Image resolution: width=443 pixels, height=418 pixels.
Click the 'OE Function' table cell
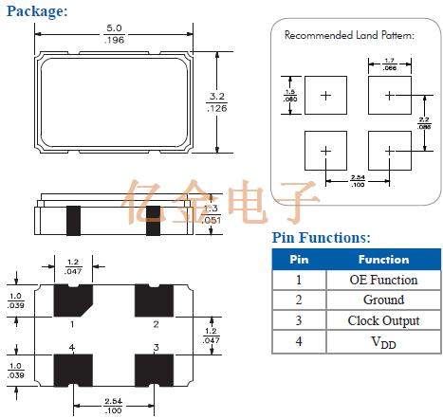coord(383,280)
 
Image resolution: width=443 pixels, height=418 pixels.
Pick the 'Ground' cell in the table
coord(383,300)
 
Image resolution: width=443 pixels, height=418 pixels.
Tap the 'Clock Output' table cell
coord(383,321)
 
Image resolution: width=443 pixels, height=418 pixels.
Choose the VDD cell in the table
coord(383,342)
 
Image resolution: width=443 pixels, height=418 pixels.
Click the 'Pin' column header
coord(299,259)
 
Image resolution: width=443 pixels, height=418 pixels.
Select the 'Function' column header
coord(383,259)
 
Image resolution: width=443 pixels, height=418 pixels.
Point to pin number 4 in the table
coord(299,342)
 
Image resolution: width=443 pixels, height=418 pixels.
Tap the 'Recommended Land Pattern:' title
coord(349,35)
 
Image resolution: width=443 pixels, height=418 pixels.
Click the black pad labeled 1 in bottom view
coord(72,300)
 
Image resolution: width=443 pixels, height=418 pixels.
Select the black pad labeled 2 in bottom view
coord(156,300)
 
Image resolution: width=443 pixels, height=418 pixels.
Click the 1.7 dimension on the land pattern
coord(390,64)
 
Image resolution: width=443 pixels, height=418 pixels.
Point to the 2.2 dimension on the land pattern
coord(426,123)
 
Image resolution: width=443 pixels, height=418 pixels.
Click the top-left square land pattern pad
coord(326,96)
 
